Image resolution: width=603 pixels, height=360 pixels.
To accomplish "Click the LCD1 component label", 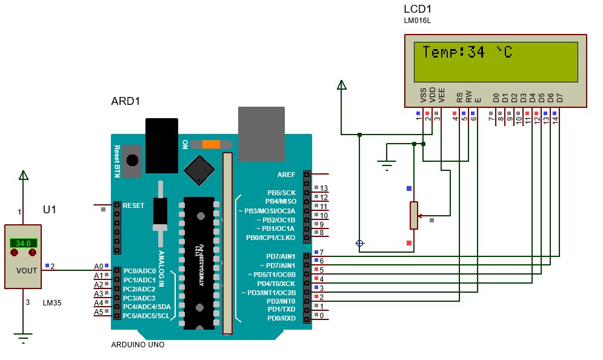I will pos(418,9).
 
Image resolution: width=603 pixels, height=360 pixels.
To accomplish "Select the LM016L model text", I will pos(417,21).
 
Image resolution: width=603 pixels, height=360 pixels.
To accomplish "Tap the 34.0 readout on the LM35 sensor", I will pos(23,243).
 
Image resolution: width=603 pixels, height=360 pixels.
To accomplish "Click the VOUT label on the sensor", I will pos(27,271).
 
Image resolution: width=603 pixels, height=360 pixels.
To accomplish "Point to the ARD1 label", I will pos(125,101).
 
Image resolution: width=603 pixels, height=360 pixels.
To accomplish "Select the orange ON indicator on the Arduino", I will pos(211,144).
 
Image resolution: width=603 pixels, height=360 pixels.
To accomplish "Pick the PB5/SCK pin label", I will pos(281,192).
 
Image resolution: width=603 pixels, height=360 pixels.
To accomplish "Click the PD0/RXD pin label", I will pos(281,318).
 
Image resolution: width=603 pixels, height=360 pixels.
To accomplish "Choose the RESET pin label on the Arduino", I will pos(133,205).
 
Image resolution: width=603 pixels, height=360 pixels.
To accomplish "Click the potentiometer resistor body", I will pos(414,215).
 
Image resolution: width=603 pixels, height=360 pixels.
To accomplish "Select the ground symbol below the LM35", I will pos(24,338).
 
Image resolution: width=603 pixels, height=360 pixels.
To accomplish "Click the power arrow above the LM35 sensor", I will pos(24,175).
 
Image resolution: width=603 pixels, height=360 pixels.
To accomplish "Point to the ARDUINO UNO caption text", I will pos(138,345).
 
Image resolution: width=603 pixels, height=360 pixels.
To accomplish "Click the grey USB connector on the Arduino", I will pos(261,135).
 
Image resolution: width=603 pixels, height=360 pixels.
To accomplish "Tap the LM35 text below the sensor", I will pos(52,302).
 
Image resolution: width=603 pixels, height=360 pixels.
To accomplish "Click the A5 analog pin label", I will pos(98,312).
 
